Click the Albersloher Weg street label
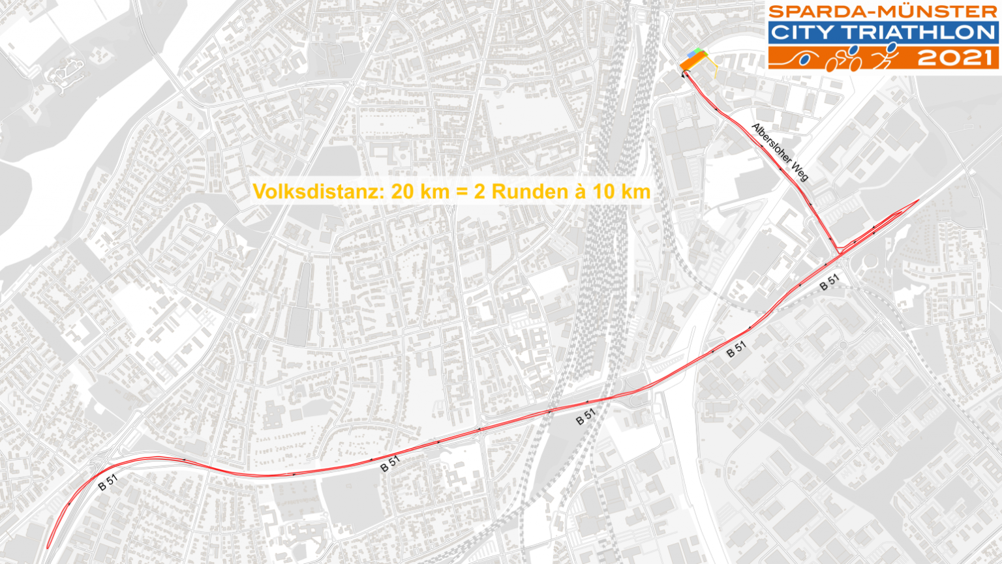(780, 152)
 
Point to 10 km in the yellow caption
(620, 192)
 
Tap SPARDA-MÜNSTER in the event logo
(883, 12)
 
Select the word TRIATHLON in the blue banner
(925, 32)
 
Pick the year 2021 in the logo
(956, 58)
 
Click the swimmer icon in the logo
(803, 59)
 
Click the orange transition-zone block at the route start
(693, 63)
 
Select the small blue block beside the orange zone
(691, 53)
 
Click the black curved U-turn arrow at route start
(684, 75)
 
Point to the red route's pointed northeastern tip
(917, 200)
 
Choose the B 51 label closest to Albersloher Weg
(829, 282)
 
